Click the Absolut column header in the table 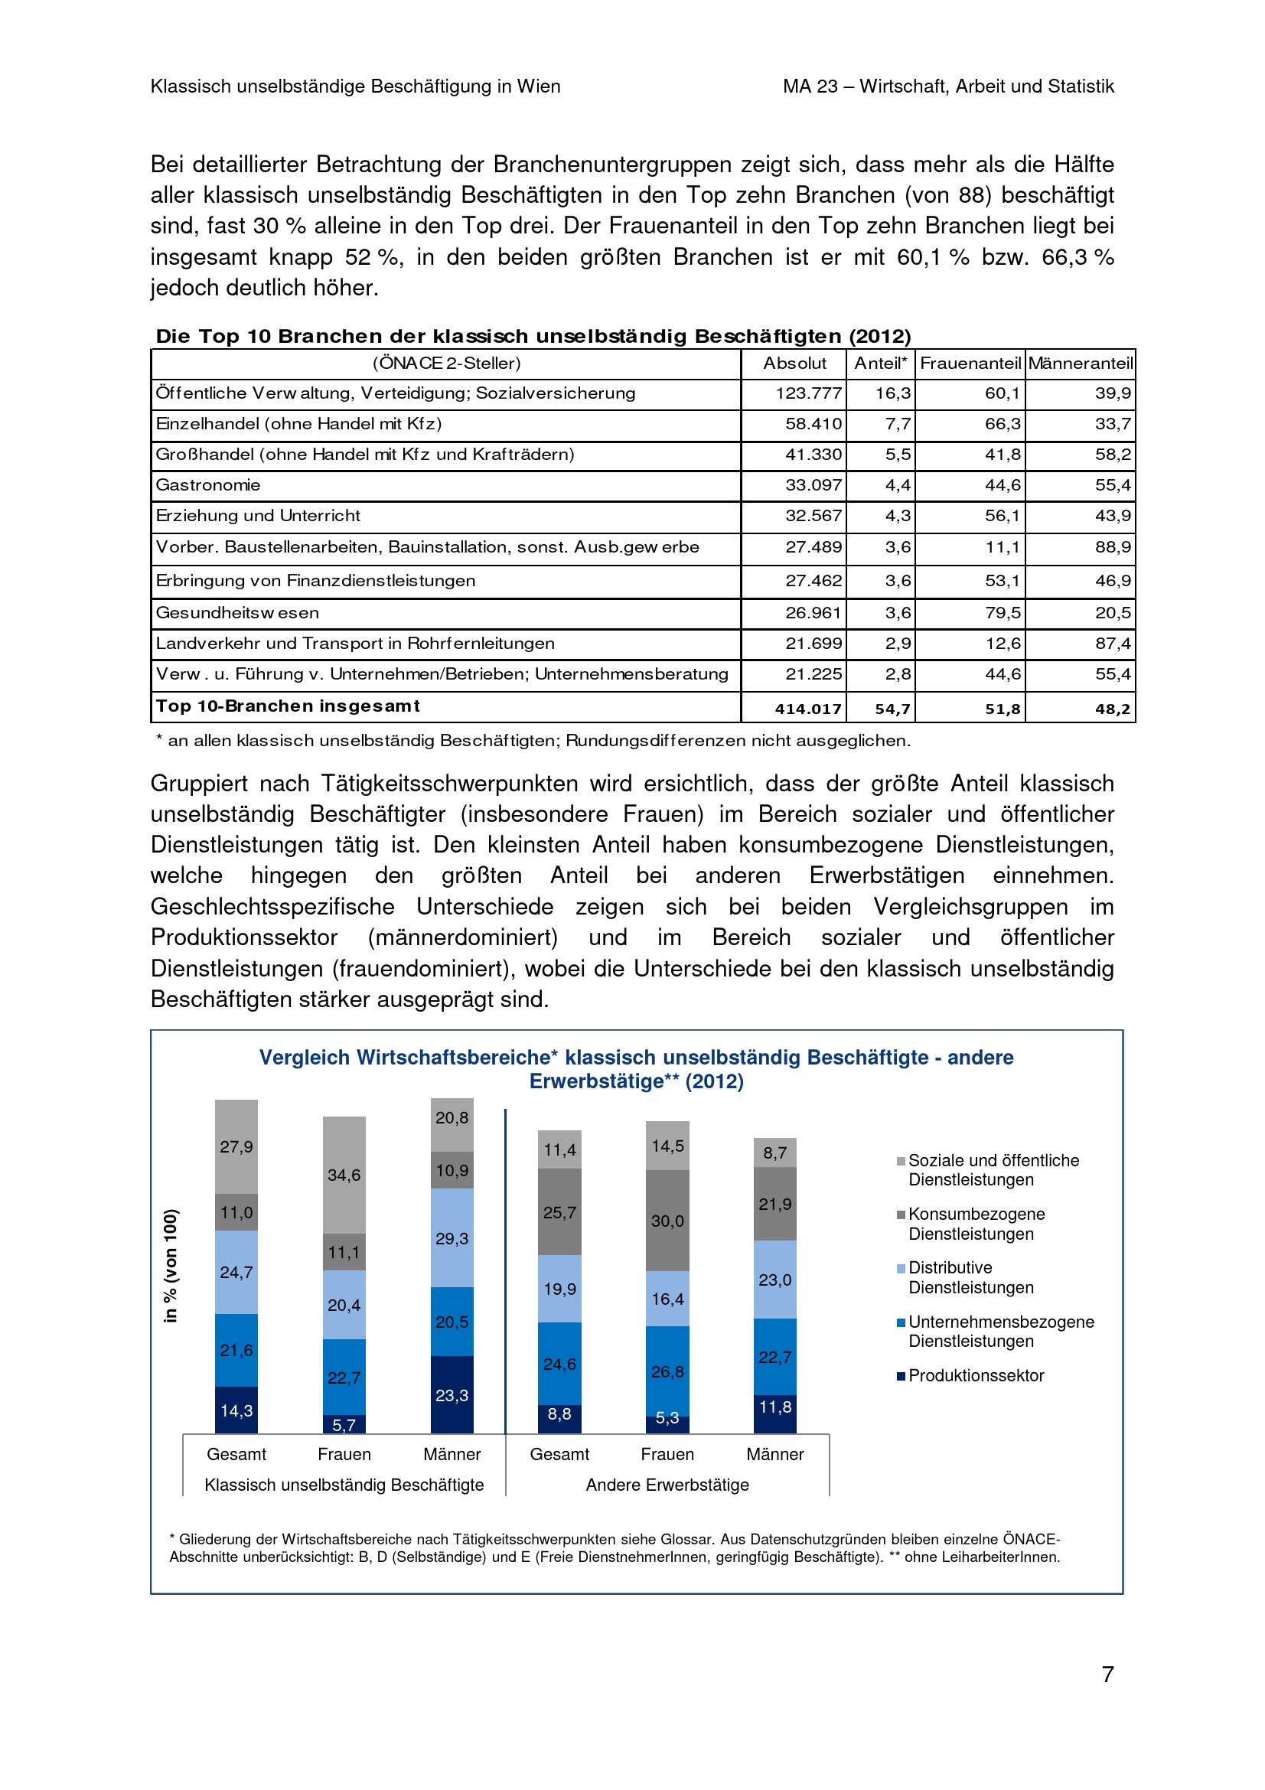click(794, 364)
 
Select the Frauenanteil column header click(970, 364)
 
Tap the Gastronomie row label click(208, 485)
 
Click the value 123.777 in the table click(808, 393)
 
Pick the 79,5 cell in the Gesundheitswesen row click(1003, 613)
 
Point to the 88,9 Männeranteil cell click(1112, 547)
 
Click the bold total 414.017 click(807, 709)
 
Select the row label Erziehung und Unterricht click(258, 516)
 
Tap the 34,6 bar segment click(344, 1175)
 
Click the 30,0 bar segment click(668, 1221)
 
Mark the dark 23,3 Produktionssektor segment click(452, 1395)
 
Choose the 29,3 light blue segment click(452, 1238)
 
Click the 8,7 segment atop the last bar click(774, 1153)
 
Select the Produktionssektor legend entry click(975, 1375)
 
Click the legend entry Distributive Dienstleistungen click(970, 1278)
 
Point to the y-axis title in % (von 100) click(171, 1265)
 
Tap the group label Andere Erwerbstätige click(667, 1485)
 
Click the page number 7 click(1107, 1674)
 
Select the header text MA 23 click(810, 86)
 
